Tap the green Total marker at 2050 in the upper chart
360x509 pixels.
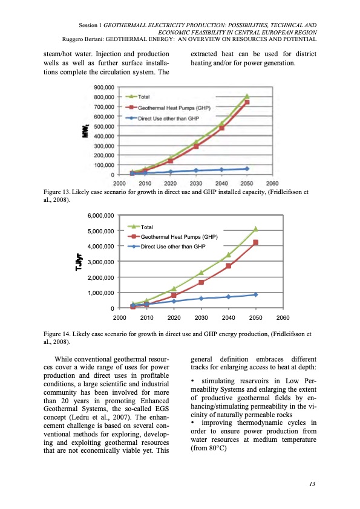tap(247, 96)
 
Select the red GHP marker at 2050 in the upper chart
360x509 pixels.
tap(247, 103)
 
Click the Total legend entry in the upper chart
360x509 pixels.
tap(144, 97)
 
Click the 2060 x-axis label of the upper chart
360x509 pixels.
tap(272, 183)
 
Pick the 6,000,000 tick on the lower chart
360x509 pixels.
tap(102, 215)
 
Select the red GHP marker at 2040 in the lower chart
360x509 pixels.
tap(229, 266)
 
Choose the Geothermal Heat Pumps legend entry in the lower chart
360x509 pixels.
tap(174, 236)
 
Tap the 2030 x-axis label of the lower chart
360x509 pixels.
tap(201, 317)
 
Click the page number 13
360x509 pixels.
tap(312, 484)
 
